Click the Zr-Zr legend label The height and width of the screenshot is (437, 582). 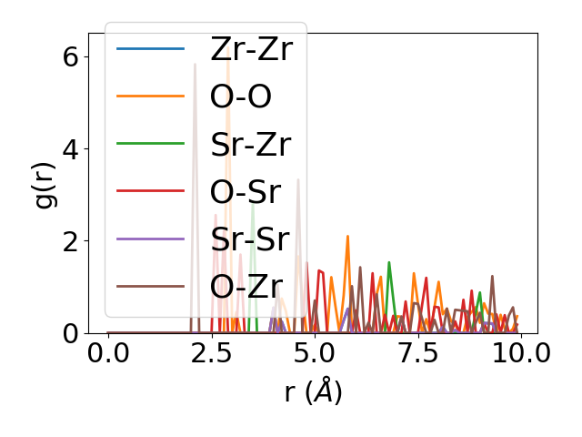(x=251, y=49)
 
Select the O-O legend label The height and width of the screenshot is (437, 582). (x=241, y=97)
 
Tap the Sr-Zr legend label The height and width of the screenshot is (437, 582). (x=250, y=145)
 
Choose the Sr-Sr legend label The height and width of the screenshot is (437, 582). (x=249, y=240)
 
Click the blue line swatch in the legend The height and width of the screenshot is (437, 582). (x=151, y=49)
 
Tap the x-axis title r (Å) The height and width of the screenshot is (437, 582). (x=313, y=392)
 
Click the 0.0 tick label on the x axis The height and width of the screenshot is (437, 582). (x=108, y=354)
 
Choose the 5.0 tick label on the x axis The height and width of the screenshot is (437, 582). (x=315, y=354)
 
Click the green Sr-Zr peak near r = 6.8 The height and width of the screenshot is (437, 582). (x=389, y=263)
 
